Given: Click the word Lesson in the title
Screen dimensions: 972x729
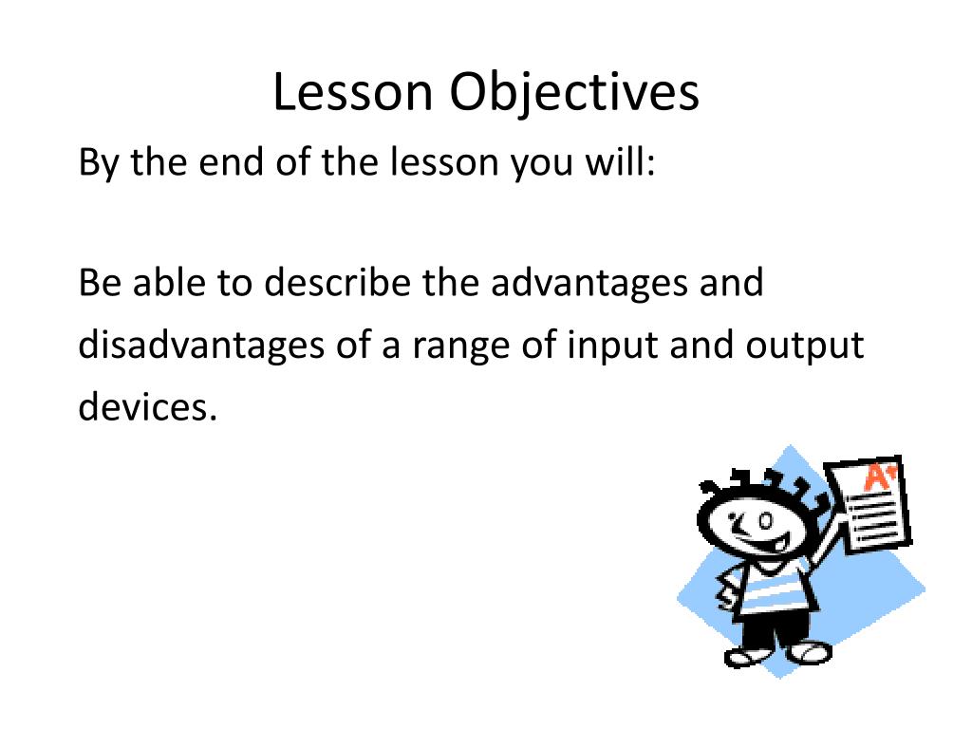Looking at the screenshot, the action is coord(353,92).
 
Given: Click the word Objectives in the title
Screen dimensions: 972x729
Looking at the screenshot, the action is coord(574,93).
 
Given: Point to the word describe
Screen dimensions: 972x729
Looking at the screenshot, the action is coord(337,283).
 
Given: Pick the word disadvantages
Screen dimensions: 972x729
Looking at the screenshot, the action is coord(201,346).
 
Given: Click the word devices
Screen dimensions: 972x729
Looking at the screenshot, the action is coord(147,406).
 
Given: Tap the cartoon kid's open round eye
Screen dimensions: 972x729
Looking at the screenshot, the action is coord(766,521).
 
